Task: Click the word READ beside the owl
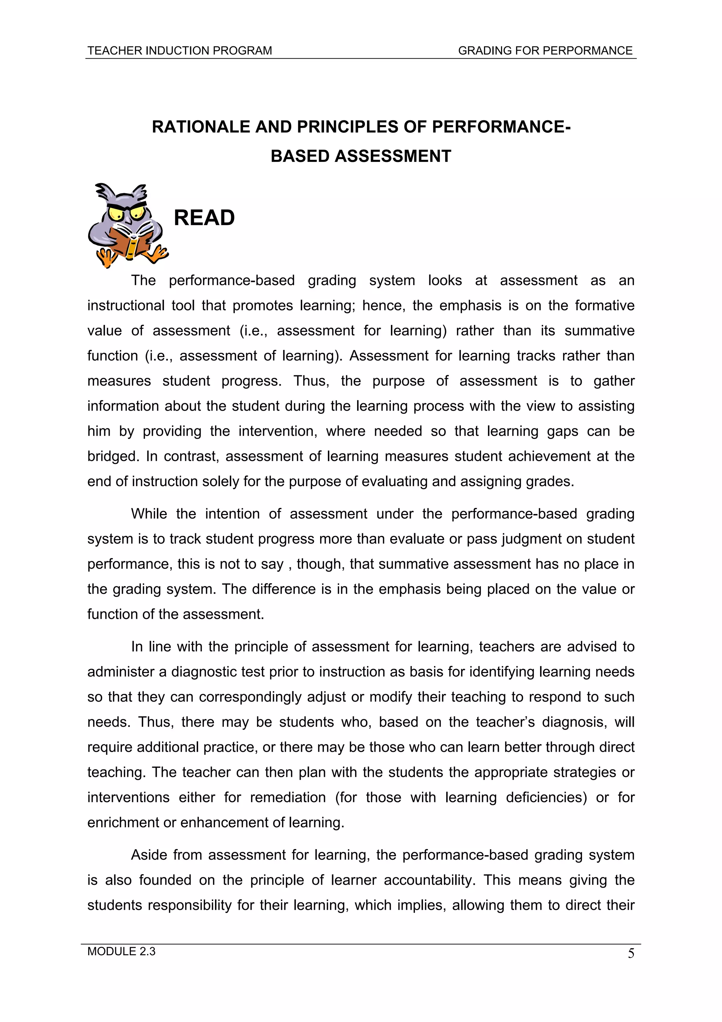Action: [204, 218]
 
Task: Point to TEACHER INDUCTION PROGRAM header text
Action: [179, 51]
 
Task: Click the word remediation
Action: [287, 797]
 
